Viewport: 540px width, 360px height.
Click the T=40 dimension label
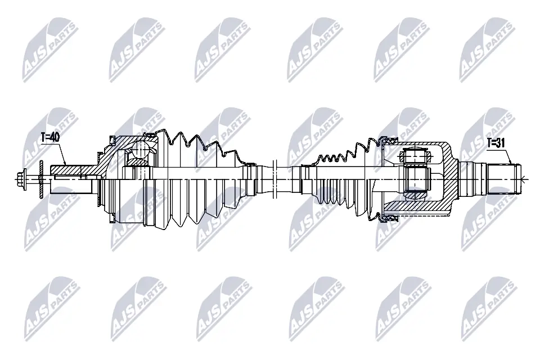click(50, 137)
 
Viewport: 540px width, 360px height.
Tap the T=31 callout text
click(496, 143)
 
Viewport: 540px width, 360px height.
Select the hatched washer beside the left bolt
click(40, 179)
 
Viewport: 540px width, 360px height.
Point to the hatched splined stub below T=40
click(73, 170)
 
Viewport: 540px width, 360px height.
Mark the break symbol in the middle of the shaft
click(274, 179)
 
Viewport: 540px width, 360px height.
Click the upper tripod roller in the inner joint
click(416, 156)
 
